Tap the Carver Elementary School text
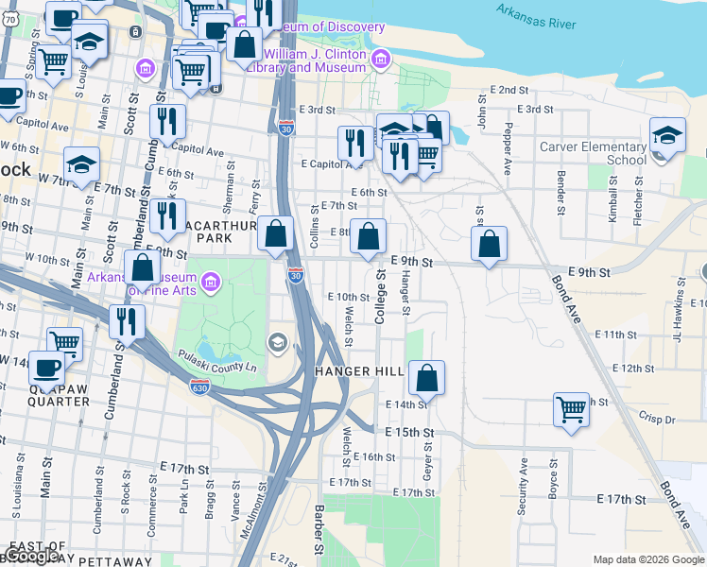593,153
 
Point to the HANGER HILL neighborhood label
360,371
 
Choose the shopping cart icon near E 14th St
571,409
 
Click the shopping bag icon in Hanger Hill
427,378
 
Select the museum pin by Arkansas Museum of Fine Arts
210,281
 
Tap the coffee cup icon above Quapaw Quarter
45,367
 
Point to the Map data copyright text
647,559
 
